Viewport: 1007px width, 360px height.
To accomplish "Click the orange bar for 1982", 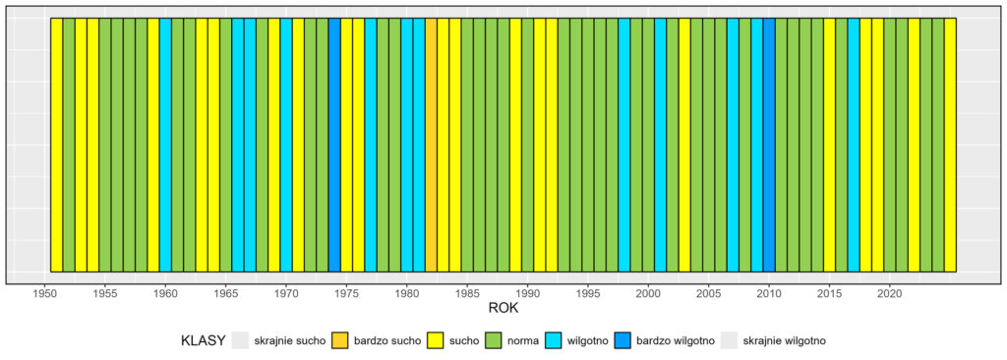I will (x=431, y=144).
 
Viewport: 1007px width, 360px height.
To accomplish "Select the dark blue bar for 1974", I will (x=334, y=144).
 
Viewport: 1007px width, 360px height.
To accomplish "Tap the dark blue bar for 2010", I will (x=769, y=144).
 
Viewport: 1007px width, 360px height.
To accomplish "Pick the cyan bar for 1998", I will (x=624, y=144).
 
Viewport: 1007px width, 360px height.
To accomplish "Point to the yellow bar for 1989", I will (x=515, y=144).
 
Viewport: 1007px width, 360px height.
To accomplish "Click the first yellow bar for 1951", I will (x=56, y=144).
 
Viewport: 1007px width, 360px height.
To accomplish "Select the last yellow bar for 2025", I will (x=950, y=144).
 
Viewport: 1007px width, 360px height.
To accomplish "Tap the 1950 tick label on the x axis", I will (x=44, y=293).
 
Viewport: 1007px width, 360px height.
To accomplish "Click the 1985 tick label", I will (x=467, y=293).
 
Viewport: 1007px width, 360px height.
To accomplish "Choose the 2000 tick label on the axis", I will (x=648, y=293).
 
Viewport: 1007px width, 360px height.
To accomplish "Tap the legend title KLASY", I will (x=203, y=340).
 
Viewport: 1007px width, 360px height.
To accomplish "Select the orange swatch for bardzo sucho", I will (x=341, y=340).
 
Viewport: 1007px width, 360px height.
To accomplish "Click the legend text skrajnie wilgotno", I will (x=784, y=340).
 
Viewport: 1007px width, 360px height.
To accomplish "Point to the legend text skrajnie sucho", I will (x=289, y=340).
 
